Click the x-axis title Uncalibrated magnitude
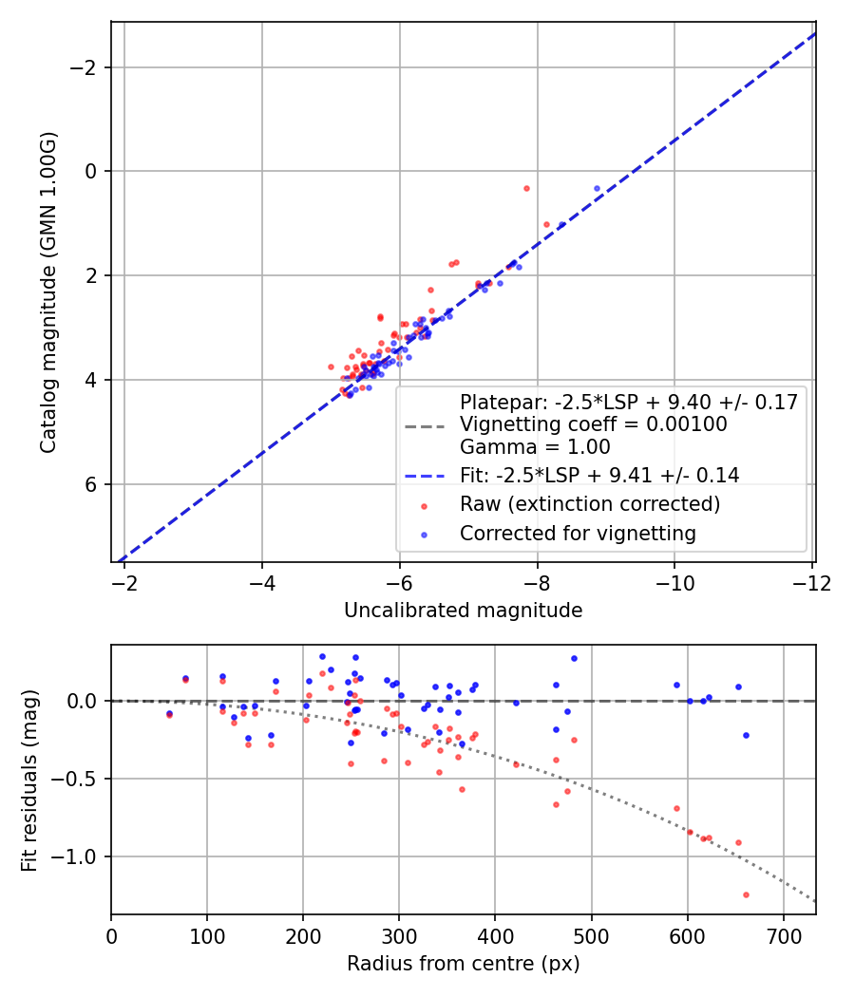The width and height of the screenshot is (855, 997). pos(463,611)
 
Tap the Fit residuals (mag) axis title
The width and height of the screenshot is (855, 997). pos(29,780)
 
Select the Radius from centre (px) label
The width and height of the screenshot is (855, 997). pos(463,964)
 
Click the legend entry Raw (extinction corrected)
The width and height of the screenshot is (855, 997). pos(589,503)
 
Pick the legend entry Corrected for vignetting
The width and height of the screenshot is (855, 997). pos(578,534)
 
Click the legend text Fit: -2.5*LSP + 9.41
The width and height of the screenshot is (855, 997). pos(599,475)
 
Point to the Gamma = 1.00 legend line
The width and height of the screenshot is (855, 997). pos(535,447)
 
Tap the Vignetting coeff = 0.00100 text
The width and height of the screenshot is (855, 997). pos(594,424)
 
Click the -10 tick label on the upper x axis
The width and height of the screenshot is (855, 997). pos(674,580)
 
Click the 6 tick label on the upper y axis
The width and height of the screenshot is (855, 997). pos(90,484)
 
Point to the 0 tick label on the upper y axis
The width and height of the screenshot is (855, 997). pos(90,172)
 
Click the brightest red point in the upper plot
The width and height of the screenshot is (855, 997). pos(526,188)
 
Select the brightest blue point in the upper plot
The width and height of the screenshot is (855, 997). pos(597,188)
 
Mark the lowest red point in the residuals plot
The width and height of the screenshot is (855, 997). pos(746,894)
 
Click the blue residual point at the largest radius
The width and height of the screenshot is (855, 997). pos(746,735)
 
